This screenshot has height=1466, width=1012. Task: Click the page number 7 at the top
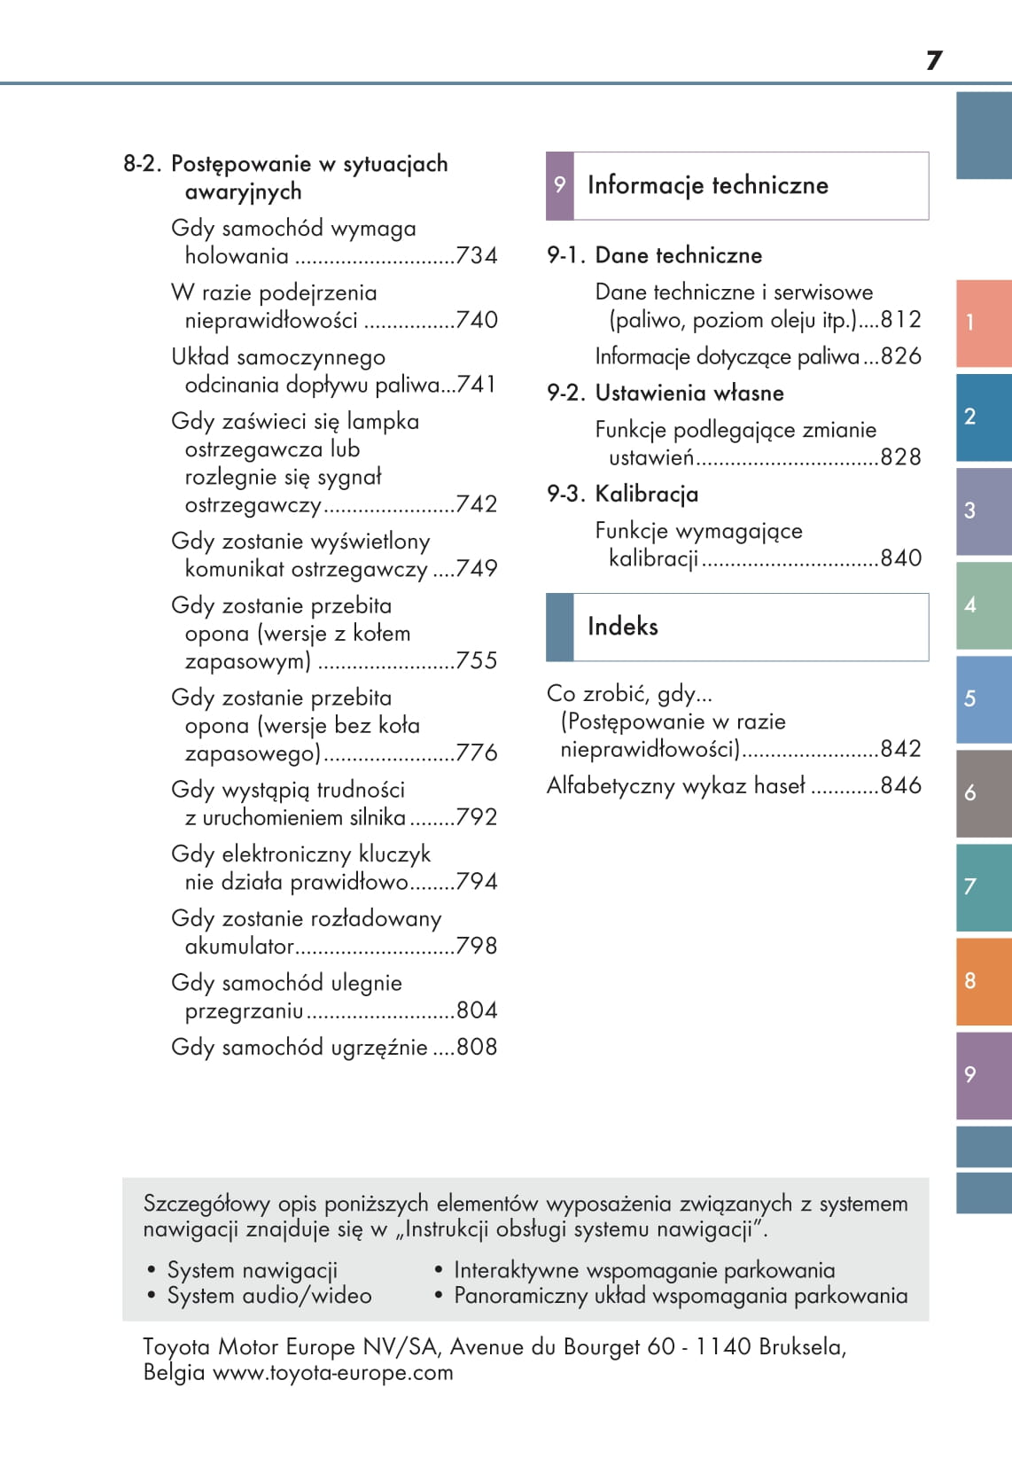point(934,60)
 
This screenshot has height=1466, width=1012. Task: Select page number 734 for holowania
point(477,256)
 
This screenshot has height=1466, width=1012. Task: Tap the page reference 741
point(477,385)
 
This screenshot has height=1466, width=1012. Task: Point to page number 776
point(477,753)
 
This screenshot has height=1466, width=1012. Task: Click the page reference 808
point(477,1048)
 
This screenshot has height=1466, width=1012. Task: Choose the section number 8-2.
point(142,164)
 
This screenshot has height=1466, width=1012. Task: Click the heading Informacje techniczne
point(707,185)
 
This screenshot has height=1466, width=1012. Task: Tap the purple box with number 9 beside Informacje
point(559,185)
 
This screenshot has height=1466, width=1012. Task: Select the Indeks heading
point(622,627)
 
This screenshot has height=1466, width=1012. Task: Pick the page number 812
point(900,320)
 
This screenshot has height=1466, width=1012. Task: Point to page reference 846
point(900,786)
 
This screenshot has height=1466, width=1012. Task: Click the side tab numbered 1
point(983,323)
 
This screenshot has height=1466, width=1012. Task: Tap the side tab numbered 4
point(983,605)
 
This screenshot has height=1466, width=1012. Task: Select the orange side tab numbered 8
point(983,981)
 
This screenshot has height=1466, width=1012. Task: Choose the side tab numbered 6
point(983,793)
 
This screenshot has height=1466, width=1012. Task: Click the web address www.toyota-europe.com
point(333,1373)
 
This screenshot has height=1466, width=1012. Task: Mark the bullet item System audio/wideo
point(269,1296)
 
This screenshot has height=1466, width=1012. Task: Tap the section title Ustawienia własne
point(689,393)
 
